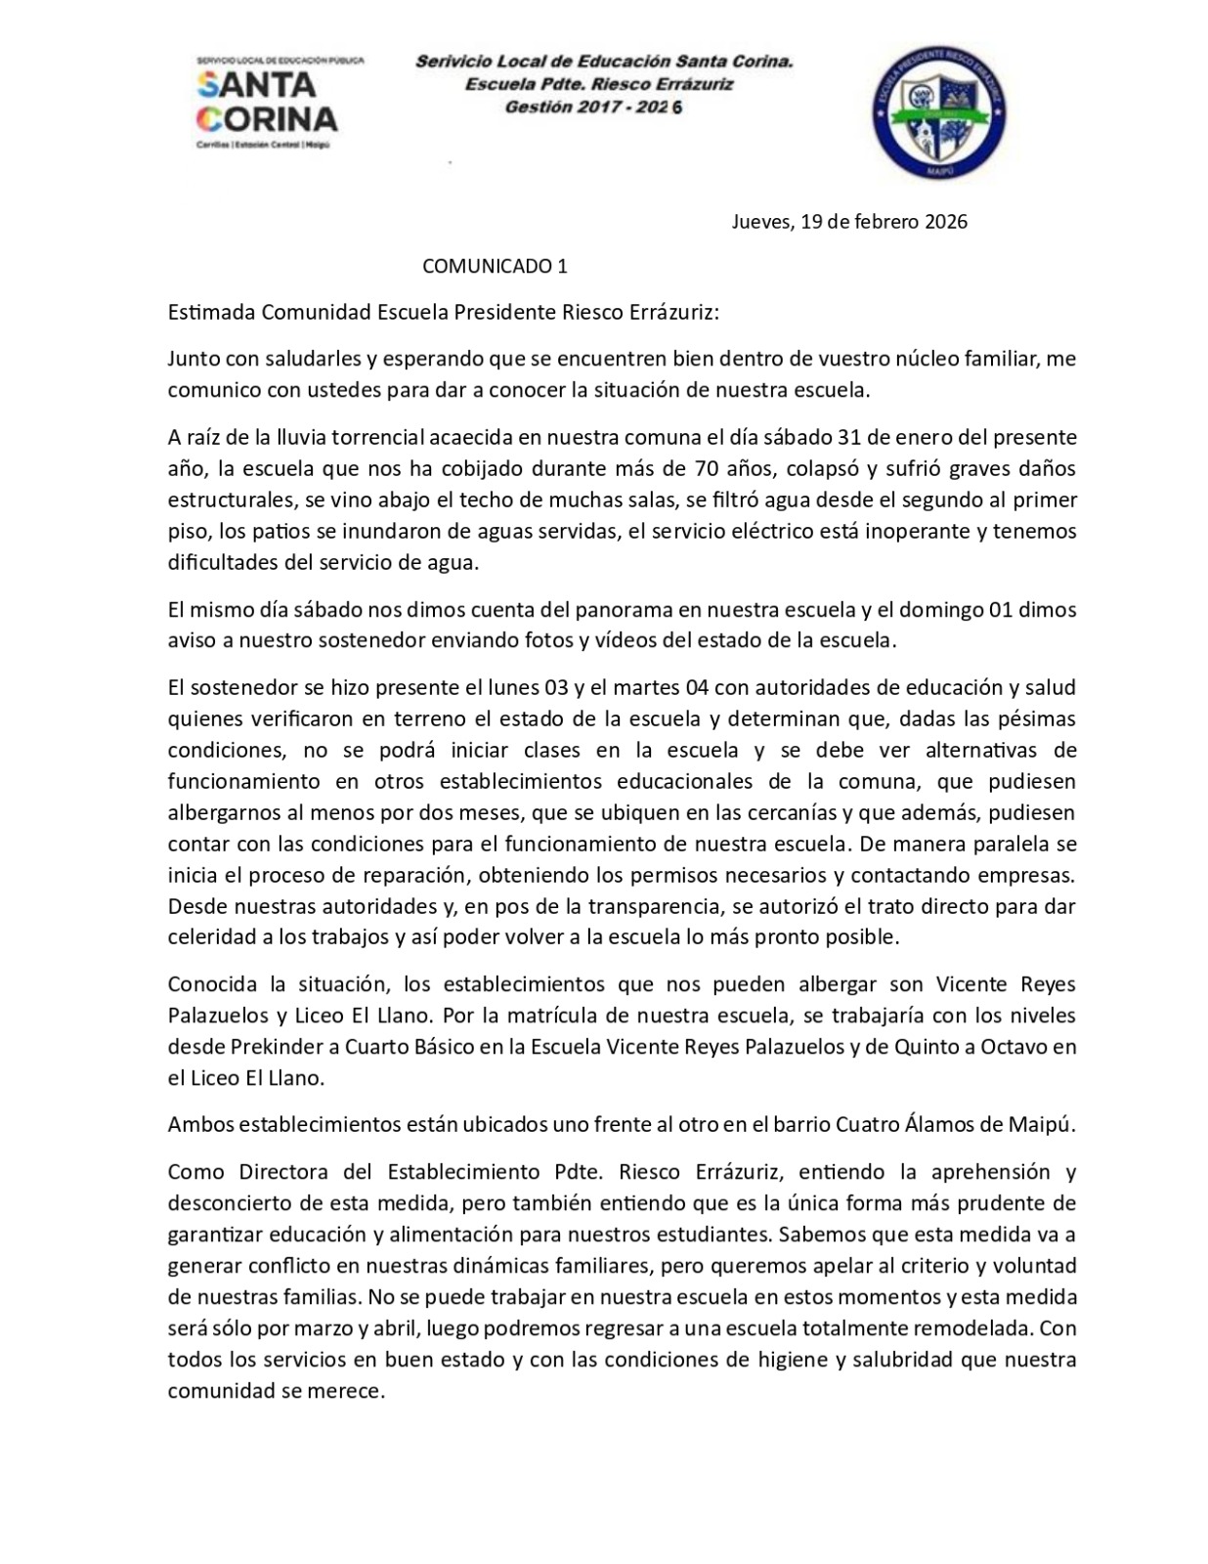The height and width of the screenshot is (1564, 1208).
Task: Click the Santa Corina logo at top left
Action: (267, 103)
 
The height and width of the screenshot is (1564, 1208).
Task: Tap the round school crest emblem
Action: (939, 112)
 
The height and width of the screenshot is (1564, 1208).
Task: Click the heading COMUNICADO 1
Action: (495, 266)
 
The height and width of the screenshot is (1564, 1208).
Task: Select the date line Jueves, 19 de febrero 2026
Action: (849, 222)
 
